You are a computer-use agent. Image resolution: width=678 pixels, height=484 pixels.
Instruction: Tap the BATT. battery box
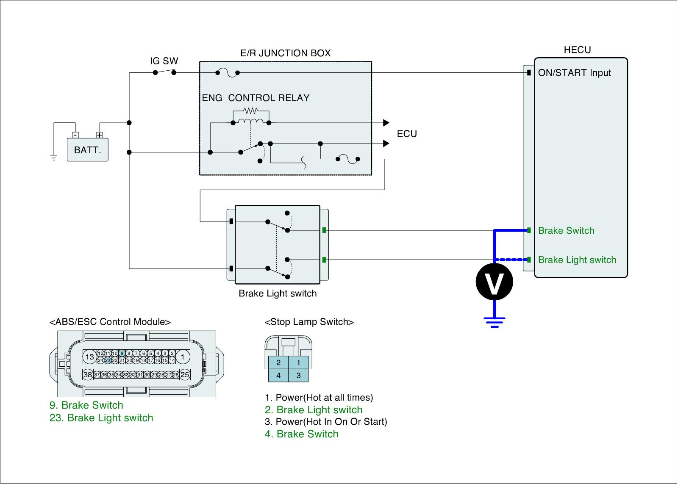[88, 150]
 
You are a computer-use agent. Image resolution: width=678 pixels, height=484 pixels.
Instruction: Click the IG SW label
[164, 61]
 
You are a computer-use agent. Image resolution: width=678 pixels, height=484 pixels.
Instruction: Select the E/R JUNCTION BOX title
[285, 53]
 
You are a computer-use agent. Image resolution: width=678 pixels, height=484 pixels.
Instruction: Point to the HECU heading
[577, 50]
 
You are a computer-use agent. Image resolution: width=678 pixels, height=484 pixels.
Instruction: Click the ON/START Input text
[574, 73]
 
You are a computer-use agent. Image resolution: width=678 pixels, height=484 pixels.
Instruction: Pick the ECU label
[407, 134]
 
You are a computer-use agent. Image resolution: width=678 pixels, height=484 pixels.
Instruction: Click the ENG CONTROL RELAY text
[256, 98]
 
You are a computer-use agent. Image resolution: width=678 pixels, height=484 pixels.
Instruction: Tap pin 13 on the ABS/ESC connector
[89, 357]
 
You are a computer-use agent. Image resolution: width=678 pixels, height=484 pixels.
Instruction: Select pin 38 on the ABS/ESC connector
[88, 375]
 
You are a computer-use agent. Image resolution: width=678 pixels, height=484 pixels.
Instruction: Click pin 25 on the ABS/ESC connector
[185, 375]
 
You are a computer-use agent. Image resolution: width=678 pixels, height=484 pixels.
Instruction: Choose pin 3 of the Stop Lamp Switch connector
[298, 375]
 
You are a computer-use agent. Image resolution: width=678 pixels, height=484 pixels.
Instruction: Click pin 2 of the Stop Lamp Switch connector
[278, 362]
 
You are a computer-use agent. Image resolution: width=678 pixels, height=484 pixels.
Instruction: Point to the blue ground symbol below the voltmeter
[494, 322]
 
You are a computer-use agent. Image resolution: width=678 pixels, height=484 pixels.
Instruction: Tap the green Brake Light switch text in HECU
[577, 260]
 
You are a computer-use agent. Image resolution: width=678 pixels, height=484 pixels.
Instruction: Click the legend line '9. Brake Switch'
[86, 405]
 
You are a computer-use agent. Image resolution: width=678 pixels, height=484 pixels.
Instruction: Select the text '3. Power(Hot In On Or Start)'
[326, 422]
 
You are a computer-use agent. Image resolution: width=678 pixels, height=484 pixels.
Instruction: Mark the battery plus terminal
[100, 135]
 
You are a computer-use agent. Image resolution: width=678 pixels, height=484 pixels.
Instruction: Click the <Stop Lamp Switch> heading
[309, 322]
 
